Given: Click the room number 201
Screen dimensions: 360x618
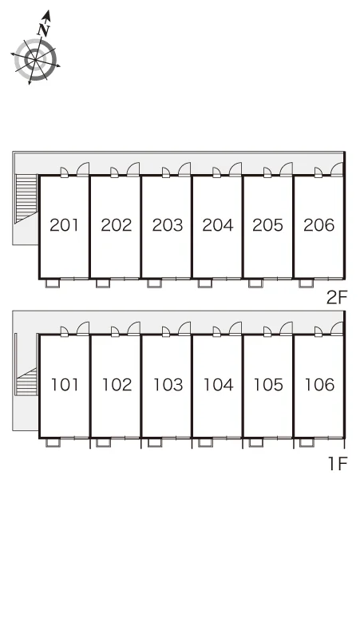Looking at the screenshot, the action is (64, 225).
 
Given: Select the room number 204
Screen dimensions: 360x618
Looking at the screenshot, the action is (218, 225).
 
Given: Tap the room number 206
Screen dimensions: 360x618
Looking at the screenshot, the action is (319, 225).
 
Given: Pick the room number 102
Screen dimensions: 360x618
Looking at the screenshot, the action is (117, 385).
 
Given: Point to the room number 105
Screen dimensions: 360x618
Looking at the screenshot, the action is (268, 385).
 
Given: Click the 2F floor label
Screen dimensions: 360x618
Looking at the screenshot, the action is (337, 298).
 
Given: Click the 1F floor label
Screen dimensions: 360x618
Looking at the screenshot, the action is (338, 464).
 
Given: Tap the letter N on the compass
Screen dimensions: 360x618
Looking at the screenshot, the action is (44, 29).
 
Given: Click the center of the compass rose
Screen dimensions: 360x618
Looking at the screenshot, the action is (35, 60).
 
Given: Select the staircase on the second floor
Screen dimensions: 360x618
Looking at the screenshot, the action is (26, 199).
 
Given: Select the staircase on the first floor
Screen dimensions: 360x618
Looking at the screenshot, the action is (26, 381).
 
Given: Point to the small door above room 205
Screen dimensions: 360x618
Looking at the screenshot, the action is (267, 172).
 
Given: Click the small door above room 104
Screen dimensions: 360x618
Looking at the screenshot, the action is (216, 332).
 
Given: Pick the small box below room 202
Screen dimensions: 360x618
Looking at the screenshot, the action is (103, 283).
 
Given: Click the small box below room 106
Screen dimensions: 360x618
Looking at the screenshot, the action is (307, 442).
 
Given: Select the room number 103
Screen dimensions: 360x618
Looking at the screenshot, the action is (168, 385).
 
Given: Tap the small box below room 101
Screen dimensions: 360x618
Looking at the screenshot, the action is (53, 442).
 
